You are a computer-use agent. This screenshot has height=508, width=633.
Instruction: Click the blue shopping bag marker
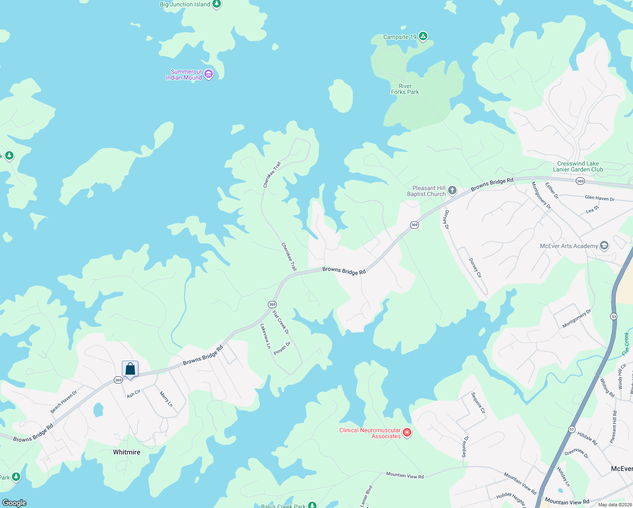[x=130, y=369]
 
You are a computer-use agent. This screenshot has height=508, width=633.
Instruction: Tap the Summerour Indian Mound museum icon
[x=208, y=75]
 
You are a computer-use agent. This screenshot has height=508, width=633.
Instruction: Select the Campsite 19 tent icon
[x=423, y=36]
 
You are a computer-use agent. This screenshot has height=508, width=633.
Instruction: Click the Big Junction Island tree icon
[x=217, y=4]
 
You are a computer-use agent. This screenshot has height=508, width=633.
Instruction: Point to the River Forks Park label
[x=405, y=89]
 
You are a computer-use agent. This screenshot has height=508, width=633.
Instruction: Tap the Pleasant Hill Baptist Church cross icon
[x=452, y=190]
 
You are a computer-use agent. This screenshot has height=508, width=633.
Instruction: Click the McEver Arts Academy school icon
[x=604, y=246]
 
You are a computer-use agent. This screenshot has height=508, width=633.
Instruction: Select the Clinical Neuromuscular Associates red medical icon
[x=407, y=432]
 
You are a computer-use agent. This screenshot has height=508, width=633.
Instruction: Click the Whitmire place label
[x=127, y=452]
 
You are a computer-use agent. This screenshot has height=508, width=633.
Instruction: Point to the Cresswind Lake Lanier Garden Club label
[x=578, y=166]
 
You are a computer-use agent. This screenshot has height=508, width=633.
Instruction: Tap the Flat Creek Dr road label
[x=281, y=322]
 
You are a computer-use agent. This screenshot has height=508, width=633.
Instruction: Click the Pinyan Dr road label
[x=282, y=348]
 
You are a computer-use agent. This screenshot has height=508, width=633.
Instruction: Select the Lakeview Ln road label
[x=265, y=336]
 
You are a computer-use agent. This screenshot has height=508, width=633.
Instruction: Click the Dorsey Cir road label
[x=476, y=268]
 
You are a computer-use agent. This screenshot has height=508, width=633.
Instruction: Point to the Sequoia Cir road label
[x=479, y=403]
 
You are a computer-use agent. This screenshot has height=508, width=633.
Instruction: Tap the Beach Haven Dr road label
[x=64, y=401]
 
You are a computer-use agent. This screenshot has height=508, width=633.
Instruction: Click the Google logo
[x=14, y=502]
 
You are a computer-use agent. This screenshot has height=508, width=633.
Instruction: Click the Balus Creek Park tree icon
[x=312, y=505]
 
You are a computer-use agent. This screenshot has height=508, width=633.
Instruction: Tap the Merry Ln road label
[x=166, y=399]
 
